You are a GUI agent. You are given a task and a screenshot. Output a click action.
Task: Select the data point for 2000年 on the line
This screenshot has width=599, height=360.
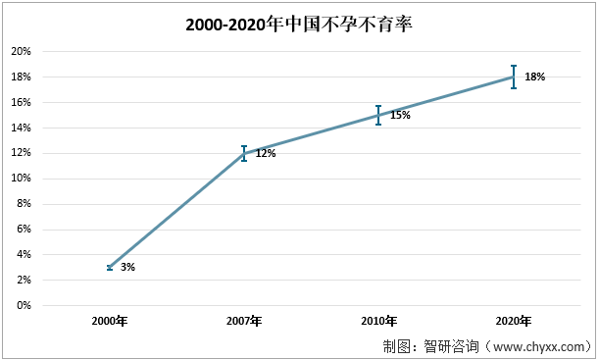tap(110, 267)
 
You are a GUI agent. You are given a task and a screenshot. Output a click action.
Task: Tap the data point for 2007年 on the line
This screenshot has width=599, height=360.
tap(244, 153)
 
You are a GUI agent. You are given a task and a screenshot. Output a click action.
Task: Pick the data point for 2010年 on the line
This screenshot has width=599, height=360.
tap(378, 115)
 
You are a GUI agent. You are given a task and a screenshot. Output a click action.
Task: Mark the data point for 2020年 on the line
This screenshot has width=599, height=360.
tap(513, 77)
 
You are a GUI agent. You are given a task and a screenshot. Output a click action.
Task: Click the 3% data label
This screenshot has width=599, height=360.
tap(127, 267)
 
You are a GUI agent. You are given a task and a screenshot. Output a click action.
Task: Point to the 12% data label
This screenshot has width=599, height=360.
tap(266, 153)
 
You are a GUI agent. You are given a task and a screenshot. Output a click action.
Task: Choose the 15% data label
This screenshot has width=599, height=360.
tap(400, 115)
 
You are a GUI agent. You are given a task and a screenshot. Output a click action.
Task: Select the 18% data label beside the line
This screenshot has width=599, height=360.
tap(534, 77)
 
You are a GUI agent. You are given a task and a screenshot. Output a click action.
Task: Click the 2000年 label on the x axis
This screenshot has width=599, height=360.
tap(110, 322)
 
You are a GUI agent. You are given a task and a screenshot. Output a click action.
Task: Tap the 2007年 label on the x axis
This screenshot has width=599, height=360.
tap(244, 322)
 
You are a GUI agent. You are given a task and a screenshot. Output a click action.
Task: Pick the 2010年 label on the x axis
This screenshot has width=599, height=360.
tap(378, 322)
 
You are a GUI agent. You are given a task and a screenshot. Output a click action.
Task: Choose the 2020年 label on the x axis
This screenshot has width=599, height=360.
tap(513, 322)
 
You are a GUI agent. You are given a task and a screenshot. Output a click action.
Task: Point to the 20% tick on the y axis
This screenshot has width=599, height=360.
tap(21, 51)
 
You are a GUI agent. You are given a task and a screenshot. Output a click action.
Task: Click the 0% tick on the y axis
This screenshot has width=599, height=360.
tap(24, 305)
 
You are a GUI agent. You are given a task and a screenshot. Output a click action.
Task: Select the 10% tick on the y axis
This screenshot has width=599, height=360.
tap(21, 179)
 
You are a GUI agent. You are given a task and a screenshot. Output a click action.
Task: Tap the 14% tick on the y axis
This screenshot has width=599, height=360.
tap(21, 128)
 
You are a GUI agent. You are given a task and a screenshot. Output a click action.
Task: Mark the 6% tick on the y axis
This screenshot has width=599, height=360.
tap(24, 230)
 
